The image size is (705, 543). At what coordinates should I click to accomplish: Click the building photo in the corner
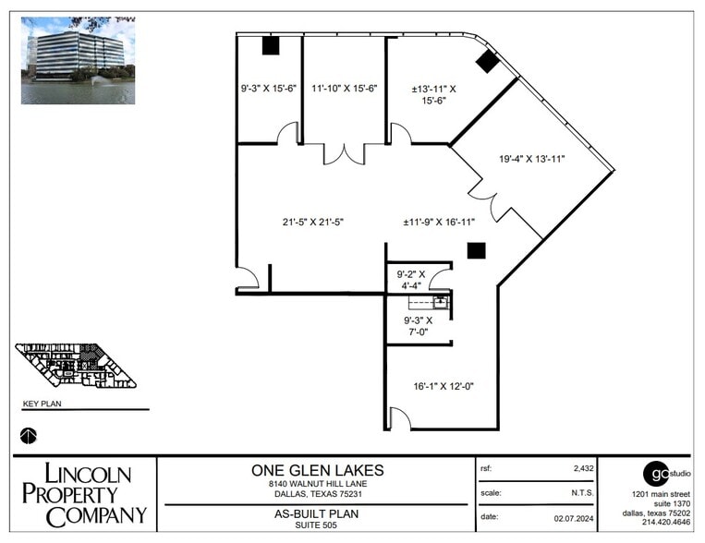tap(79, 60)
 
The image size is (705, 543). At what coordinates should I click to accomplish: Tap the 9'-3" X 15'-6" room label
tap(269, 89)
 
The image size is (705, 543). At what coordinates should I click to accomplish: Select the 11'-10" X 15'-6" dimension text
tap(345, 89)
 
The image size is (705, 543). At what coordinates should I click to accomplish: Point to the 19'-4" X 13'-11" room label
tap(531, 159)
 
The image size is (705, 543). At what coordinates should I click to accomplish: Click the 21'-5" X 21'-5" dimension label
tap(313, 222)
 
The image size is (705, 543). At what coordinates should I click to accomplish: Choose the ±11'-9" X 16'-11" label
tap(440, 222)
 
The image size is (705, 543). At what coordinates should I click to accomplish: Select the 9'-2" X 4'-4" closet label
tap(410, 280)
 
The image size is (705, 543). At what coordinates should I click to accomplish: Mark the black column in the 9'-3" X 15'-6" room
tap(271, 45)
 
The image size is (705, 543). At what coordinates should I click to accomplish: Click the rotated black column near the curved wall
tap(487, 62)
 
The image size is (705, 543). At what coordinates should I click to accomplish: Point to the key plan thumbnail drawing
tap(76, 365)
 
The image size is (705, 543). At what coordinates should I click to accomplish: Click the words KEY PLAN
tap(42, 404)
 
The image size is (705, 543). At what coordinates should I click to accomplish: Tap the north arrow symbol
tap(29, 434)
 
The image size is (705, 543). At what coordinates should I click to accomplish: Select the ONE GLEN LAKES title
tap(317, 469)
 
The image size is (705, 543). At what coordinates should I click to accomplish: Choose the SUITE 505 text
tap(317, 525)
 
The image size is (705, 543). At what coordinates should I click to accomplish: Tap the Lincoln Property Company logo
tap(83, 495)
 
